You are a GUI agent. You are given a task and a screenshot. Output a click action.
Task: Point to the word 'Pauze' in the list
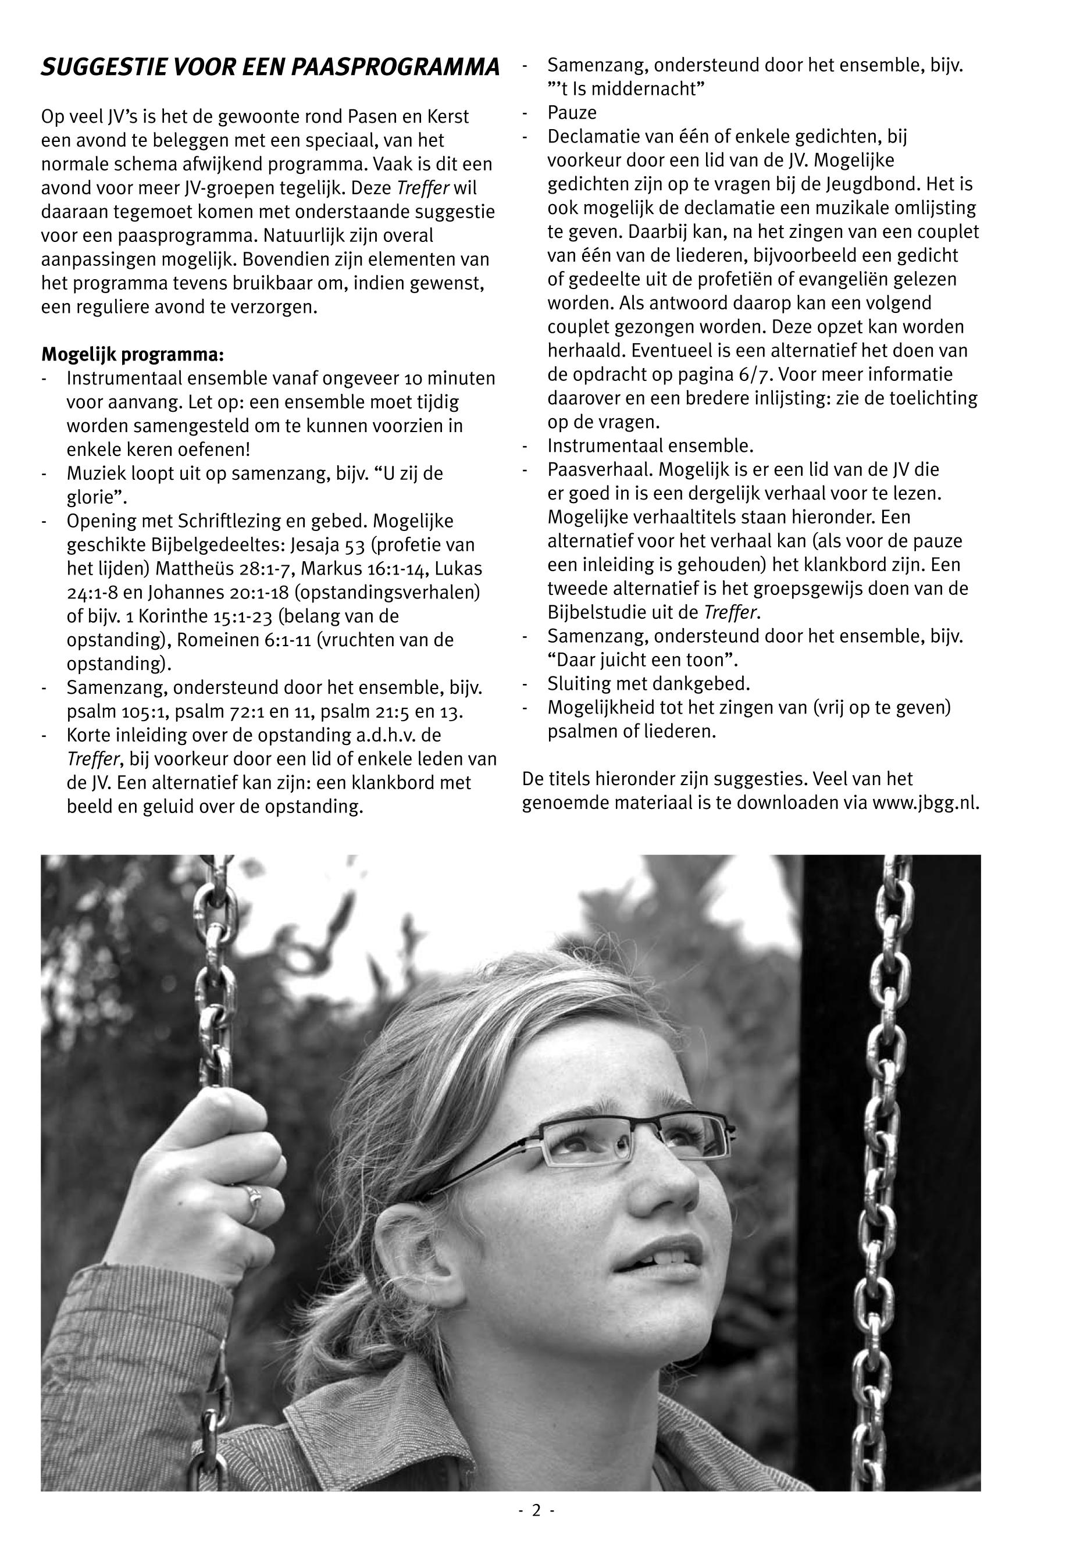click(572, 112)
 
